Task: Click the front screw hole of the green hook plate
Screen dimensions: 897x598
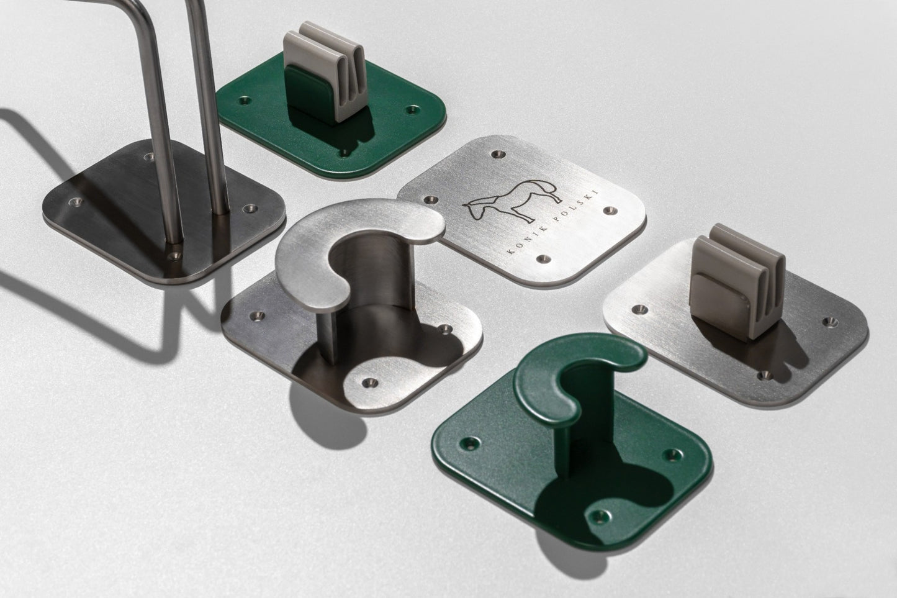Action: pos(599,516)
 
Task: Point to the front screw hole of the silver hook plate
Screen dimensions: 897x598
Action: pos(371,383)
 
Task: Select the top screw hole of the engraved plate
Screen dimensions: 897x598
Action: pos(498,153)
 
